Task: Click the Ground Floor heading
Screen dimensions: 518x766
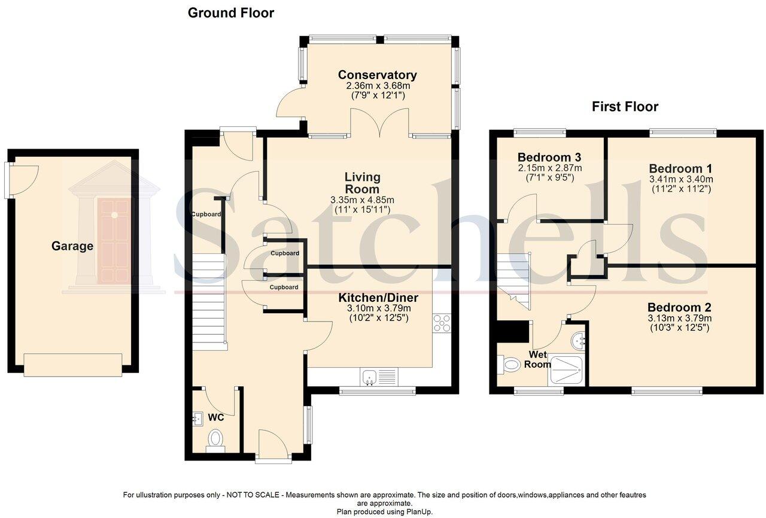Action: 230,13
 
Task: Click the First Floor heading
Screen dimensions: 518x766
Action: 625,107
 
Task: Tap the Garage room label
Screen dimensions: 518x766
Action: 72,246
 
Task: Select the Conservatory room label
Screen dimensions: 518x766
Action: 377,75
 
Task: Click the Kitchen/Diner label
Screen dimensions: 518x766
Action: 378,298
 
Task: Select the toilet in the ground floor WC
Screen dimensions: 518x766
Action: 215,438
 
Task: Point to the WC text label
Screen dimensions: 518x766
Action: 216,417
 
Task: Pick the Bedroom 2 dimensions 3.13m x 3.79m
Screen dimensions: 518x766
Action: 679,318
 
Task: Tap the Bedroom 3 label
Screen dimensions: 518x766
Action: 549,157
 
